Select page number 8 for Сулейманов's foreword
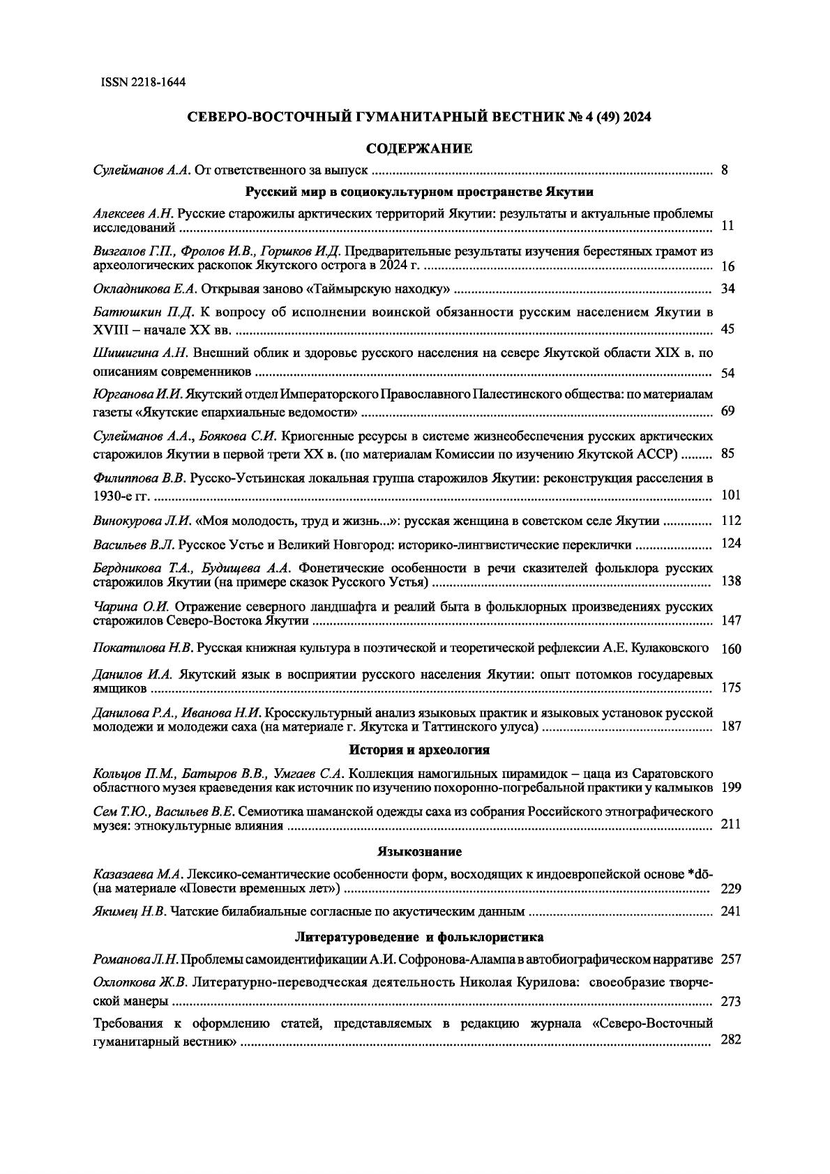(725, 169)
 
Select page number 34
(728, 289)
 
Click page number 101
(730, 496)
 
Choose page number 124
(730, 544)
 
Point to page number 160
(731, 649)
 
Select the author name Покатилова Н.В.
(143, 648)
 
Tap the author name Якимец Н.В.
(130, 911)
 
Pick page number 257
(730, 960)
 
